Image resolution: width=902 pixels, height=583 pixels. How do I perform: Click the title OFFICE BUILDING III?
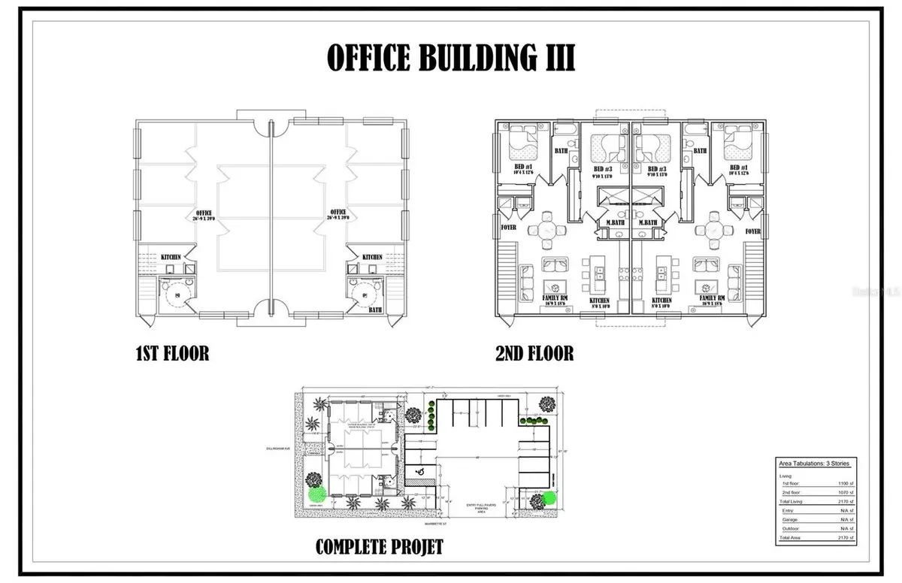point(450,58)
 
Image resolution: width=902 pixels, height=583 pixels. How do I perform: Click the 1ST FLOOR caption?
point(172,353)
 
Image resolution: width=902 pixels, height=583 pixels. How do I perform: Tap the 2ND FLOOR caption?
point(534,353)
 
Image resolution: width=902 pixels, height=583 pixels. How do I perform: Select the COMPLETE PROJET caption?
point(379,546)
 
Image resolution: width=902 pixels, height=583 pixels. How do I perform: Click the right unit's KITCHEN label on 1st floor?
point(371,257)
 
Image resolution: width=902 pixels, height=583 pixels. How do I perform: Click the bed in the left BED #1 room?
point(519,140)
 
